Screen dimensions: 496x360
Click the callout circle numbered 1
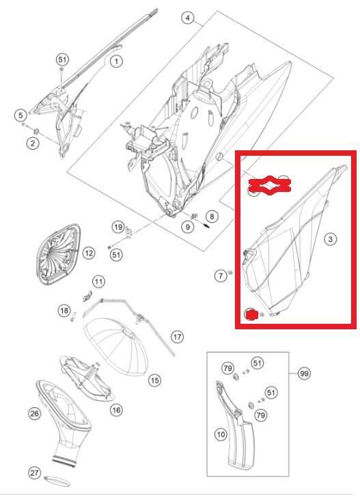pos(116,61)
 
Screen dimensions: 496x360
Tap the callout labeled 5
pos(21,115)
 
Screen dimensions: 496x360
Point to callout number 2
pos(32,142)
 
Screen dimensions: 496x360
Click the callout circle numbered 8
pos(211,217)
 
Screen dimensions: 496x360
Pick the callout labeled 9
pos(186,227)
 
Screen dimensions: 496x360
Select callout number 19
pos(117,227)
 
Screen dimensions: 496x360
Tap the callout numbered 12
pos(88,253)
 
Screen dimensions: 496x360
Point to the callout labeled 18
pos(64,312)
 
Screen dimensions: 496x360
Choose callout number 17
pos(177,336)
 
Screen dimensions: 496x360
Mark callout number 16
pos(116,409)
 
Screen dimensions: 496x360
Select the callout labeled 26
pos(33,413)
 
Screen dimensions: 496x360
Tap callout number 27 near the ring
pos(33,473)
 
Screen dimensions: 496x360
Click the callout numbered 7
pos(220,276)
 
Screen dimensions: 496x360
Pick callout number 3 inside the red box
pos(330,239)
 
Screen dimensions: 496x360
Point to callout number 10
pos(221,434)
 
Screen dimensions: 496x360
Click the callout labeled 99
pos(304,374)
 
